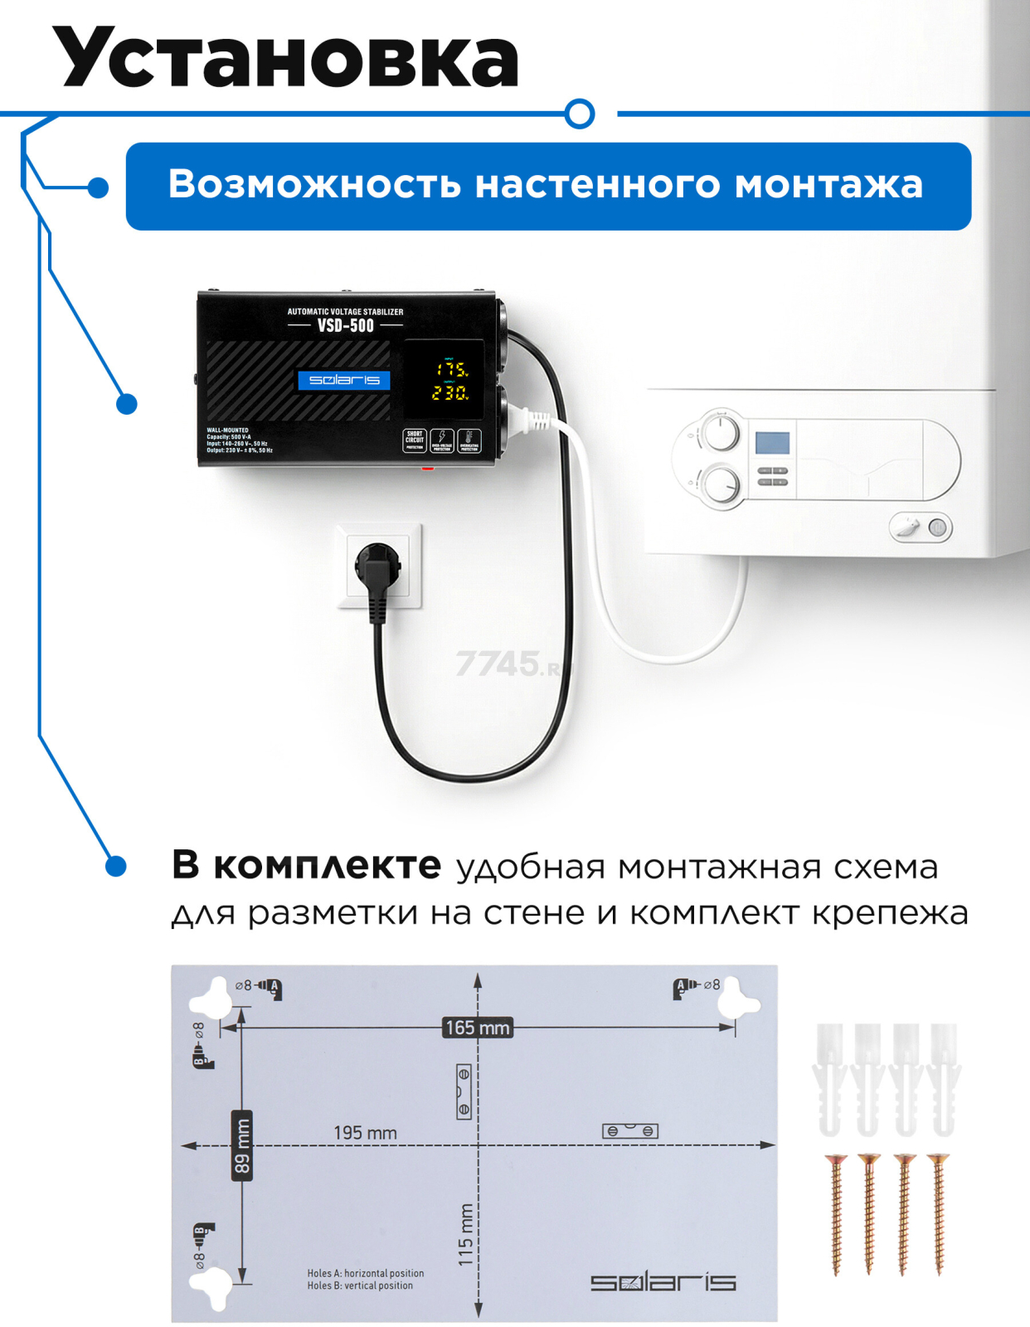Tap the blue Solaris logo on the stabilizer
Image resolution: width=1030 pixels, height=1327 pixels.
point(343,380)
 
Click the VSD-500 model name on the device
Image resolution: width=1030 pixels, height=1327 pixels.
point(345,326)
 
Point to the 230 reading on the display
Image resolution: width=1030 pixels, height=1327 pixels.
point(449,392)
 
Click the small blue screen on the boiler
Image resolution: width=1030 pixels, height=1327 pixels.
point(771,443)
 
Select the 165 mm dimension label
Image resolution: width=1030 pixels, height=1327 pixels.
point(478,1028)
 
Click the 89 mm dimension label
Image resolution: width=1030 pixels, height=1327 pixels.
point(241,1145)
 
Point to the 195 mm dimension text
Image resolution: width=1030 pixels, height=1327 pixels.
point(365,1133)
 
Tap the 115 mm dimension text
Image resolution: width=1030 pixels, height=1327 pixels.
point(466,1235)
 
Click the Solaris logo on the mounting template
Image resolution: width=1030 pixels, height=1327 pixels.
point(663,1282)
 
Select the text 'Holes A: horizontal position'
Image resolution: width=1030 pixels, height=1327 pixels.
point(365,1273)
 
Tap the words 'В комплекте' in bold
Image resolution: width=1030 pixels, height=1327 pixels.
point(306,866)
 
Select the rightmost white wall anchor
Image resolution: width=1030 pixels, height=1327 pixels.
point(944,1078)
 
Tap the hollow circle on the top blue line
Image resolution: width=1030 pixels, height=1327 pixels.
point(580,114)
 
